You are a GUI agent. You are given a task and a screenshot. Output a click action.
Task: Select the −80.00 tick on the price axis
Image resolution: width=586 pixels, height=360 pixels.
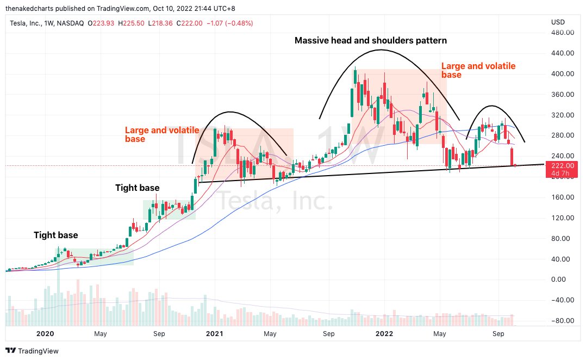(562, 321)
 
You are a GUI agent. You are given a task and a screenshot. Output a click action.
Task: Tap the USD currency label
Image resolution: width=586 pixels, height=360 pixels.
(558, 22)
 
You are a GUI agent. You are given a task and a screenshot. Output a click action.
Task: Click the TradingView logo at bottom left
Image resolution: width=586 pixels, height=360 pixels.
(32, 351)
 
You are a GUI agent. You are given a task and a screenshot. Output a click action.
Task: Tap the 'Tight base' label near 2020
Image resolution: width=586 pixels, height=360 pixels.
(56, 235)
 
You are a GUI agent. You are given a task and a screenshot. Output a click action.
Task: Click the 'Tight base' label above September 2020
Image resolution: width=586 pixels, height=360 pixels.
(138, 188)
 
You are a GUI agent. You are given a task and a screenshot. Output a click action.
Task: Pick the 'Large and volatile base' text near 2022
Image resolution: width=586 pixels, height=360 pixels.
(478, 70)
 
